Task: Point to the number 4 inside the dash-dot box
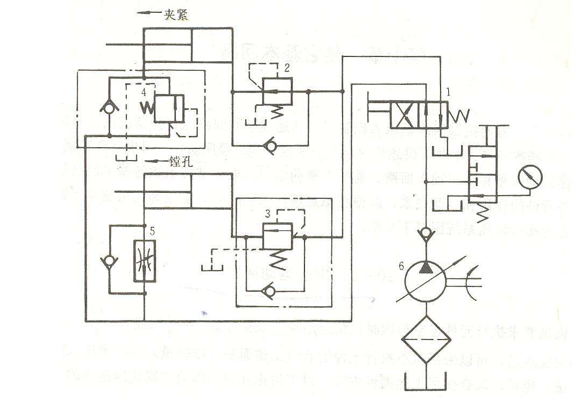click(144, 93)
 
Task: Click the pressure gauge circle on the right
click(530, 177)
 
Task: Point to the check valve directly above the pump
click(426, 233)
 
